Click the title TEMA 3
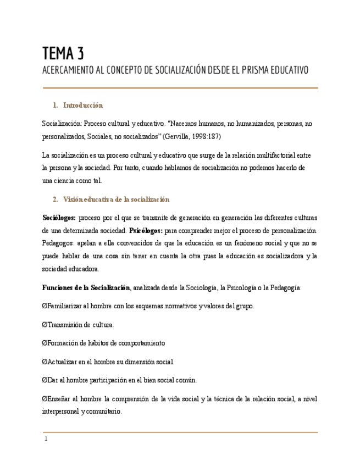63,53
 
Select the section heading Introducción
83,105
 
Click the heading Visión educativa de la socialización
116,199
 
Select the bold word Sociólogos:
59,218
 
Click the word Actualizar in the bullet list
64,362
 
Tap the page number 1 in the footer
46,439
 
